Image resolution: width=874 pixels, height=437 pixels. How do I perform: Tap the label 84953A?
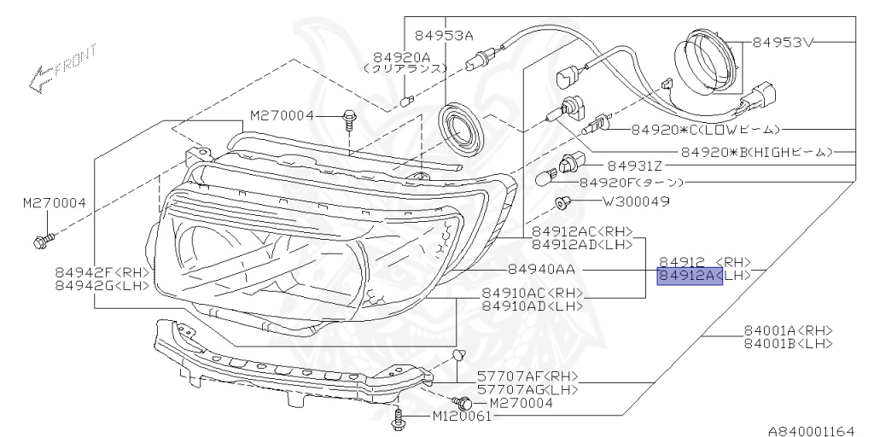(444, 36)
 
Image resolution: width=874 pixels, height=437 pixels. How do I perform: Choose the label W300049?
(636, 202)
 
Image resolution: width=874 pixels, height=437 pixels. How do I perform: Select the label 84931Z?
(634, 166)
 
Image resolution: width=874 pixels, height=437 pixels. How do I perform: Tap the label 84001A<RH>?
(788, 331)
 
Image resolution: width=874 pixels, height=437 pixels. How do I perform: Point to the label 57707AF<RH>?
(527, 376)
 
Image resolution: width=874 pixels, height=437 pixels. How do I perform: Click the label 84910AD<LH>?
(533, 306)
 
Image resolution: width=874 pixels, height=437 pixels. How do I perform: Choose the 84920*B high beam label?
(755, 152)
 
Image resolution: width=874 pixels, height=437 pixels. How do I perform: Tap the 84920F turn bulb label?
(632, 182)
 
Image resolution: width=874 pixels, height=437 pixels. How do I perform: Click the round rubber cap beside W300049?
(561, 202)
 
